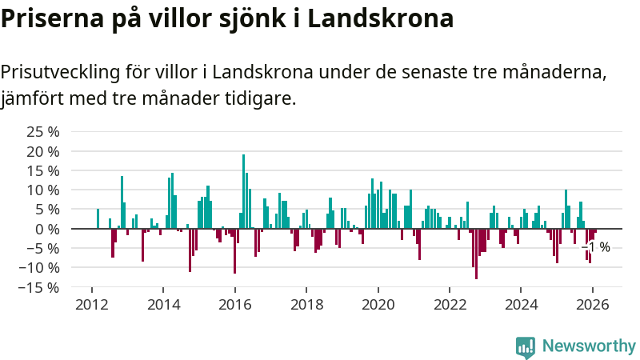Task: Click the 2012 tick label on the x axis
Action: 91,304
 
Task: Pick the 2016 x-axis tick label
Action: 234,304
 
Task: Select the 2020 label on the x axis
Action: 378,304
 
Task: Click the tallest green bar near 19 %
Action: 243,192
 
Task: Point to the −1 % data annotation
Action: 598,247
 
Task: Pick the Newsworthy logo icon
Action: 526,346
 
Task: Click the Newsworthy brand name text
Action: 589,346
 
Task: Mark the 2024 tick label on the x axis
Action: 521,304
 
